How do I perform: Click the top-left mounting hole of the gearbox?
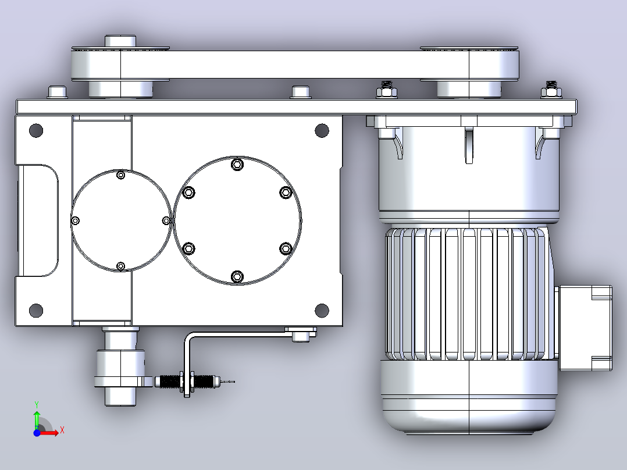click(36, 130)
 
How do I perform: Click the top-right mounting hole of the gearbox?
click(322, 130)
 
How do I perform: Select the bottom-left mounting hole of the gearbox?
click(36, 310)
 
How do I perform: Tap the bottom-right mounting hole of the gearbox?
click(322, 310)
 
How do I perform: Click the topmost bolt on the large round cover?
click(237, 165)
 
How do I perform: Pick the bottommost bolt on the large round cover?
click(237, 276)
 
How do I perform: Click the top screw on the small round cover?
click(121, 175)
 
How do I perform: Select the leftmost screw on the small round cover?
click(75, 220)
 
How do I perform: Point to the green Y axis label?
click(37, 404)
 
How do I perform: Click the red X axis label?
click(62, 430)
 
